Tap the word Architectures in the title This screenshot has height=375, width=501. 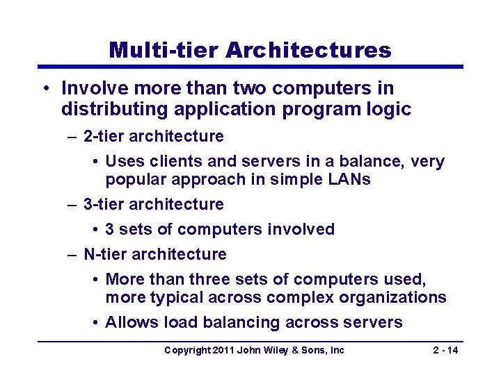(x=308, y=50)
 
